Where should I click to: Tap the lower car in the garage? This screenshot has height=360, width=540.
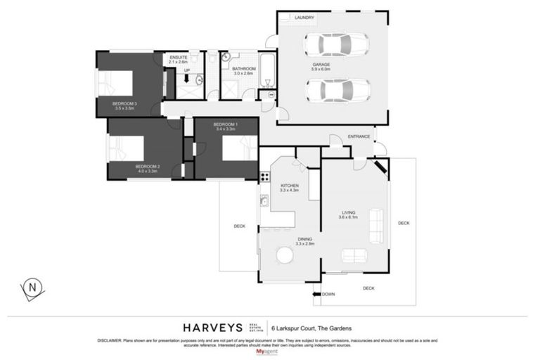(338, 90)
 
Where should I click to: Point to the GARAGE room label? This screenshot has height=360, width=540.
(321, 65)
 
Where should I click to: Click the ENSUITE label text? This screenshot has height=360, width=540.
(179, 58)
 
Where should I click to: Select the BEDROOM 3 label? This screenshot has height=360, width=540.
(124, 105)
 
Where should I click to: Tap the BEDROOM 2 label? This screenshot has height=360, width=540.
(148, 167)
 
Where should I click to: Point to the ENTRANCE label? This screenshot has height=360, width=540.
(359, 136)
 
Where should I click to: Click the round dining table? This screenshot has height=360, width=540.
(285, 255)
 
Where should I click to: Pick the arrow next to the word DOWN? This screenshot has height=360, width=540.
(316, 294)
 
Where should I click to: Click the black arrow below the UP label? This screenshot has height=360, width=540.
(187, 79)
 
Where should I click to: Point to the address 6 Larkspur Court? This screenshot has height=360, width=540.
(316, 328)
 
